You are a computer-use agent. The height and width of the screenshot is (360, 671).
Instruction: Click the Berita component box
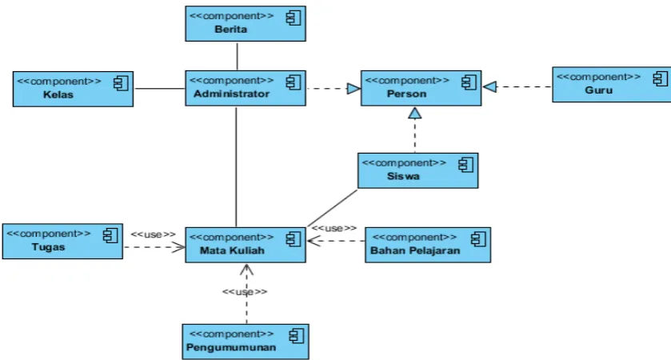point(246,23)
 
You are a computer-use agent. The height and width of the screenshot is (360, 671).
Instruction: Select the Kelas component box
point(73,89)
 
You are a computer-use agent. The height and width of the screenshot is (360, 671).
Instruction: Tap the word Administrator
point(231,94)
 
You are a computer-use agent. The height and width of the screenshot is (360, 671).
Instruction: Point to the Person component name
point(406,94)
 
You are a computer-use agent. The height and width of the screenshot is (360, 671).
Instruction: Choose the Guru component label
point(599,90)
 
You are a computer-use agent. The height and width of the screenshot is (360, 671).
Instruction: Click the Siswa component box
point(417,170)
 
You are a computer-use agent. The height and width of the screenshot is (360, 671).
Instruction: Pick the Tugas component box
point(62,242)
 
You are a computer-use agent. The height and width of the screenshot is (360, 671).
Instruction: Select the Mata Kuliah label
point(232,250)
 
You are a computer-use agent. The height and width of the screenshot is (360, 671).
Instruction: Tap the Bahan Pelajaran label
point(415,250)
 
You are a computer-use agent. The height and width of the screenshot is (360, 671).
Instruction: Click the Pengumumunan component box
point(246,342)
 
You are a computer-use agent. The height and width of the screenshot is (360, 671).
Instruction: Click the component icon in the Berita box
point(294,18)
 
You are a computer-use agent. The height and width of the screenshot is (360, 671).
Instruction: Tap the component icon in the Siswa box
point(465,165)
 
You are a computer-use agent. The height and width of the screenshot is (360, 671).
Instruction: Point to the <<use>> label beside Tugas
point(153,234)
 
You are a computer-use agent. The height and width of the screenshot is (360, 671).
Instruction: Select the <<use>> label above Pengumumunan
point(245,292)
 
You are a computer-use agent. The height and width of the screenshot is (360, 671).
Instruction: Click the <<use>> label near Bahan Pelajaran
point(334,229)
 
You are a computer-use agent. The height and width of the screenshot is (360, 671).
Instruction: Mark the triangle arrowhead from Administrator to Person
point(354,89)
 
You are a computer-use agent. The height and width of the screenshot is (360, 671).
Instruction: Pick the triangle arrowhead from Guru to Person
point(489,87)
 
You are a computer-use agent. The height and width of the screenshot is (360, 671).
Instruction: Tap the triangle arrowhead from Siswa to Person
point(414,113)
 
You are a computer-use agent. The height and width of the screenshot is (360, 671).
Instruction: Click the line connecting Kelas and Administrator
point(159,89)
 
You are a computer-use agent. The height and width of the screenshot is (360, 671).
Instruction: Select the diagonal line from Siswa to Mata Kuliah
point(333,208)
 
